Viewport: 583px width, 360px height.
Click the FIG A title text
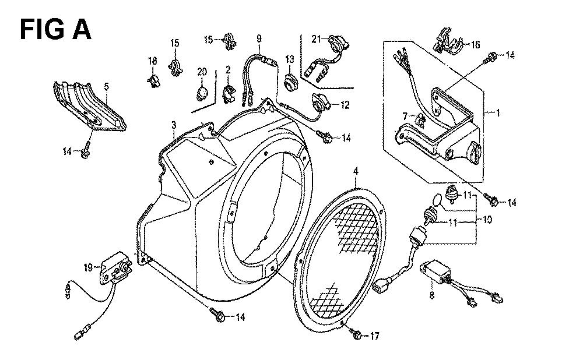pyautogui.click(x=55, y=30)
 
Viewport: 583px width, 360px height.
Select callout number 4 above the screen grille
pyautogui.click(x=356, y=171)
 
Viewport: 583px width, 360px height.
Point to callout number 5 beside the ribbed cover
pyautogui.click(x=106, y=87)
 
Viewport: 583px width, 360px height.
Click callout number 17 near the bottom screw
pyautogui.click(x=374, y=336)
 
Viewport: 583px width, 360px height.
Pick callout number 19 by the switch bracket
pyautogui.click(x=88, y=267)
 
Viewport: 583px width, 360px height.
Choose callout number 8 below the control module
pyautogui.click(x=431, y=296)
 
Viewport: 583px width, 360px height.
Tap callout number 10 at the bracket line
pyautogui.click(x=487, y=220)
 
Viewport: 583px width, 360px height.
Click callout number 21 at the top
pyautogui.click(x=316, y=38)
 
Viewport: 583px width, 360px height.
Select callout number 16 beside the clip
pyautogui.click(x=475, y=45)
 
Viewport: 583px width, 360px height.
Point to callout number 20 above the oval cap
pyautogui.click(x=202, y=72)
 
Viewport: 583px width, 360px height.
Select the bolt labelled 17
pyautogui.click(x=356, y=334)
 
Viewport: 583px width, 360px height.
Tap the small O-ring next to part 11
pyautogui.click(x=438, y=199)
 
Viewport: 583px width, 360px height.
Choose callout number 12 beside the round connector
pyautogui.click(x=345, y=105)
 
